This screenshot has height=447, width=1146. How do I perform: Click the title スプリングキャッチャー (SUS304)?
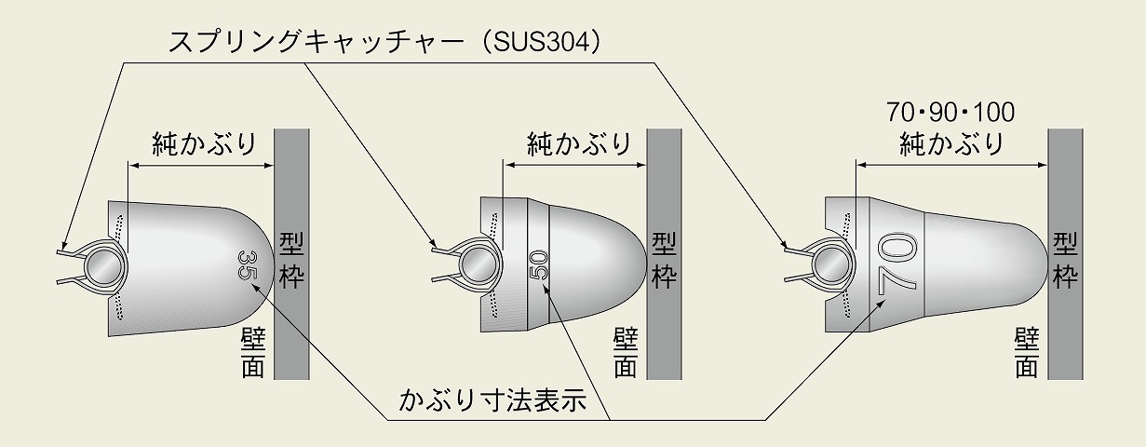(x=384, y=42)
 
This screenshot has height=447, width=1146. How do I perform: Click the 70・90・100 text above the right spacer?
(x=951, y=113)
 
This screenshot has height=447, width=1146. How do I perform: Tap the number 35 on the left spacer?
(x=247, y=265)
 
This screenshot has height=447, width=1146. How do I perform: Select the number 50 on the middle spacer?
(x=540, y=265)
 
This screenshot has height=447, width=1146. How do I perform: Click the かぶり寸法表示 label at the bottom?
(x=492, y=400)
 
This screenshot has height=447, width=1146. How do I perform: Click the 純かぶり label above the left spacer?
(x=204, y=144)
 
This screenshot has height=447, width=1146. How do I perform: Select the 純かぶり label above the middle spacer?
(x=579, y=144)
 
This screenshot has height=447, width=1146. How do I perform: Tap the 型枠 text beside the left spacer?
(x=291, y=261)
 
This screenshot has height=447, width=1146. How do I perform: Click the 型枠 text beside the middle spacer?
(x=664, y=261)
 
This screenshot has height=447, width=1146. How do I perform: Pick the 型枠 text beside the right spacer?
(x=1065, y=261)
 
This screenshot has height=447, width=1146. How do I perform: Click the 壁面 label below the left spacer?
(x=252, y=353)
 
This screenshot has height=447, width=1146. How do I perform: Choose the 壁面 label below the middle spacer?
(x=626, y=353)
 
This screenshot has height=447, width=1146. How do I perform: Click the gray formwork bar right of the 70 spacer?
(x=1065, y=254)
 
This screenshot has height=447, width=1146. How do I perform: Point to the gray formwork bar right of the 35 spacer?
(x=291, y=254)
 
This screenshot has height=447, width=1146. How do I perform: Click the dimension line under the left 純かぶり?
(x=201, y=165)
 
